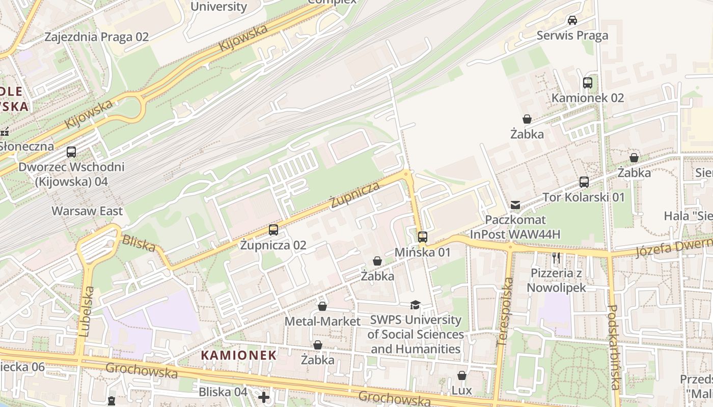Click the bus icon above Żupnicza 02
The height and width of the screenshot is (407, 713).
(x=273, y=229)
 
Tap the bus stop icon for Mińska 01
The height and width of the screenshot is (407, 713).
(x=422, y=237)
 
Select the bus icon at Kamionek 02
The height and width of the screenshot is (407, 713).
(x=588, y=82)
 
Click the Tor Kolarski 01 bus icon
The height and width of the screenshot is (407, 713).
(x=584, y=182)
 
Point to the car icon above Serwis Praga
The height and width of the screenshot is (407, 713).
(x=572, y=20)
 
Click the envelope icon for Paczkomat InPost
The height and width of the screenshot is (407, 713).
(x=515, y=205)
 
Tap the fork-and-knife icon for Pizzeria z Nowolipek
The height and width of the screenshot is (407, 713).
(x=556, y=258)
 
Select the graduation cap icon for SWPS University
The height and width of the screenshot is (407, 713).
(x=416, y=305)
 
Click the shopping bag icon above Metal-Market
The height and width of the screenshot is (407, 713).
(x=322, y=306)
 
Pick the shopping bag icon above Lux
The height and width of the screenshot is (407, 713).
(x=461, y=375)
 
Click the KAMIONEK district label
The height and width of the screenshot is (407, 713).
(x=238, y=355)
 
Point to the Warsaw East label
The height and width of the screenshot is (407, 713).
(x=87, y=211)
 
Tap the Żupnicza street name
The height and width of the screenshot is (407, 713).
(x=355, y=195)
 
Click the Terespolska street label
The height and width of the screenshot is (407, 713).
(x=505, y=312)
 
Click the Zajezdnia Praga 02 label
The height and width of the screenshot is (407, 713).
(x=96, y=37)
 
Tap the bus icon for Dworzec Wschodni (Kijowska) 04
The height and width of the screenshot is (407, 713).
(x=71, y=152)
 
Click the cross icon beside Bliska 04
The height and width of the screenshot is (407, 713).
(x=263, y=396)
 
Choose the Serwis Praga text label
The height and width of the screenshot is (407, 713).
(x=572, y=36)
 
